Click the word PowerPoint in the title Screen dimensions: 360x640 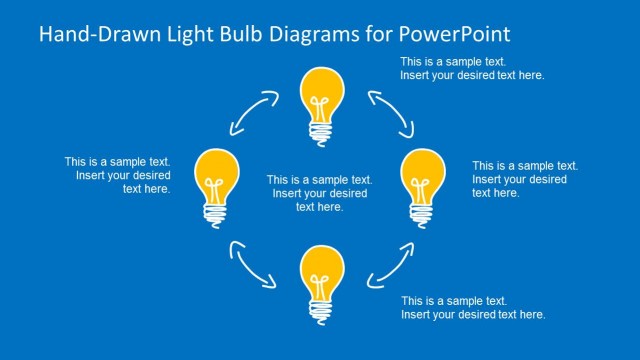coord(457,34)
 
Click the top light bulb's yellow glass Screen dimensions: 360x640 coord(321,89)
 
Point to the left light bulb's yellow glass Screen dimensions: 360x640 coord(218,171)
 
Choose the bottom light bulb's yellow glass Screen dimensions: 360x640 coord(321,267)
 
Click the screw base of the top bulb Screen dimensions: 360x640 coord(321,133)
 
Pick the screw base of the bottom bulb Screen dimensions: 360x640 coord(321,310)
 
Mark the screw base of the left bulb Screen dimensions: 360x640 coord(217,214)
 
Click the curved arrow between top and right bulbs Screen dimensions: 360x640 coord(390,111)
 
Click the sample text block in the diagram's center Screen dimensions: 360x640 coord(320,193)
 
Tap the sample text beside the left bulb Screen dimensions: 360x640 coord(118,174)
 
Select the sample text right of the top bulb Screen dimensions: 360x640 coord(472,69)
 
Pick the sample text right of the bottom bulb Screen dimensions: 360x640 coord(473,307)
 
